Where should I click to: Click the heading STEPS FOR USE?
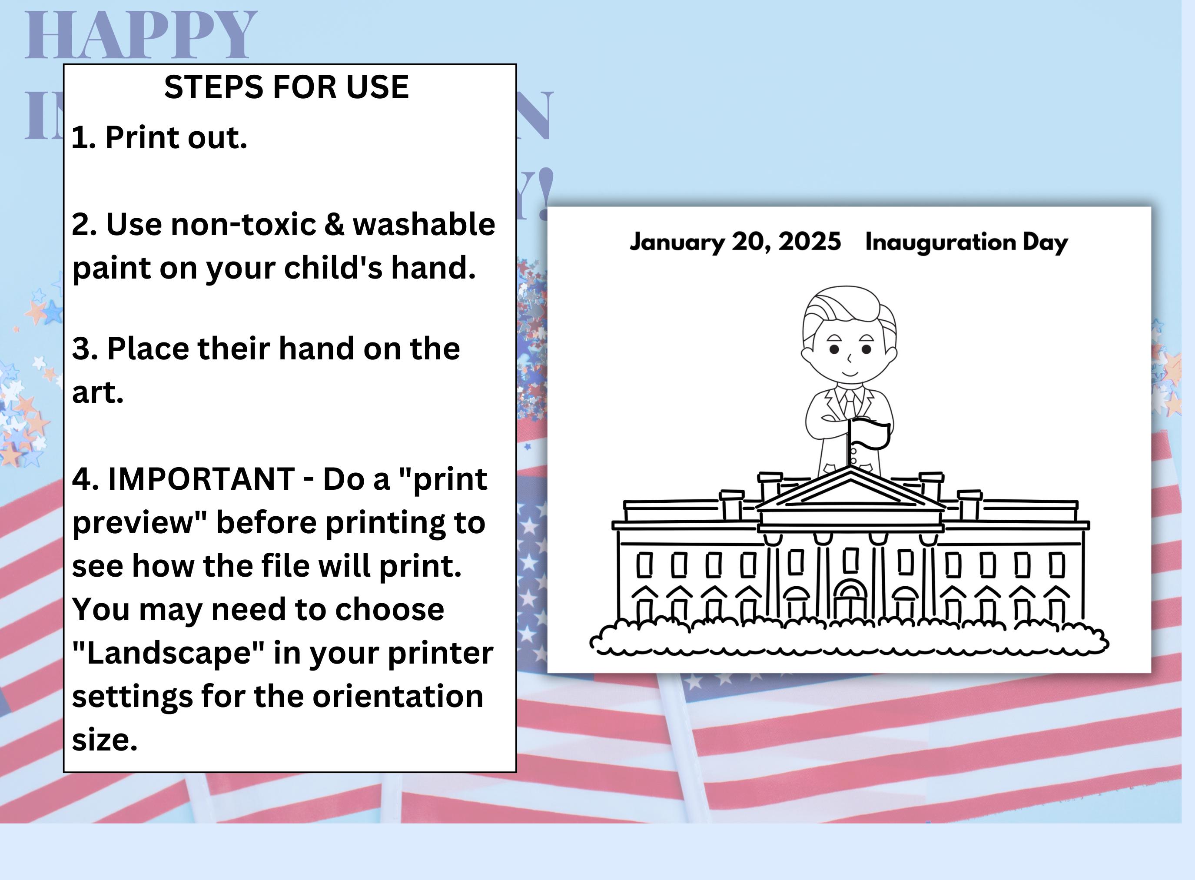point(286,87)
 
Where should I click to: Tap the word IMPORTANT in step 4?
point(201,478)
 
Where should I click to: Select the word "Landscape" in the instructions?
point(168,653)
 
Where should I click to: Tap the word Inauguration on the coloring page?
point(940,242)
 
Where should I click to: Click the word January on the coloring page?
point(677,242)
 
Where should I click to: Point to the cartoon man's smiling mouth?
point(850,373)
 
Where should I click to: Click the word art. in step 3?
point(97,392)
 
